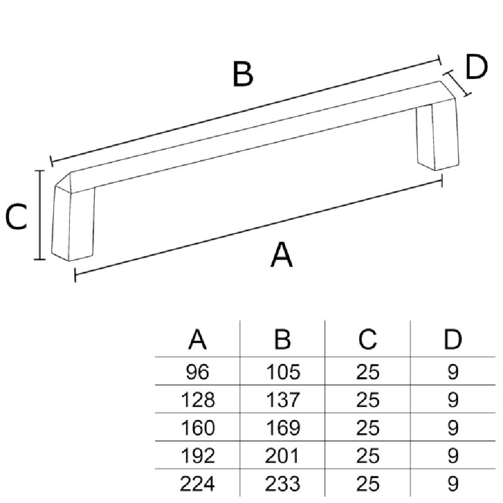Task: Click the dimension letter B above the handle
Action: [x=243, y=75]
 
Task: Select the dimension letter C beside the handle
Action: [x=16, y=218]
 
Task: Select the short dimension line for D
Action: [x=458, y=83]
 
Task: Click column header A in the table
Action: [x=197, y=340]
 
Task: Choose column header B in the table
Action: [x=282, y=340]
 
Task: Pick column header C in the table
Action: [x=367, y=340]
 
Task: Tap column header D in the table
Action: [x=453, y=340]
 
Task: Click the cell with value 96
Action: [x=197, y=372]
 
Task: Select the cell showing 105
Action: [x=282, y=372]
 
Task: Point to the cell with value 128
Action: [x=197, y=400]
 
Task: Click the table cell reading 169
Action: [x=282, y=428]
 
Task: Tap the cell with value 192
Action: [x=197, y=456]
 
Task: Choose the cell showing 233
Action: [x=282, y=484]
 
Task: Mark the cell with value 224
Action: [x=197, y=484]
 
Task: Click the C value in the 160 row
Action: [x=367, y=428]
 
